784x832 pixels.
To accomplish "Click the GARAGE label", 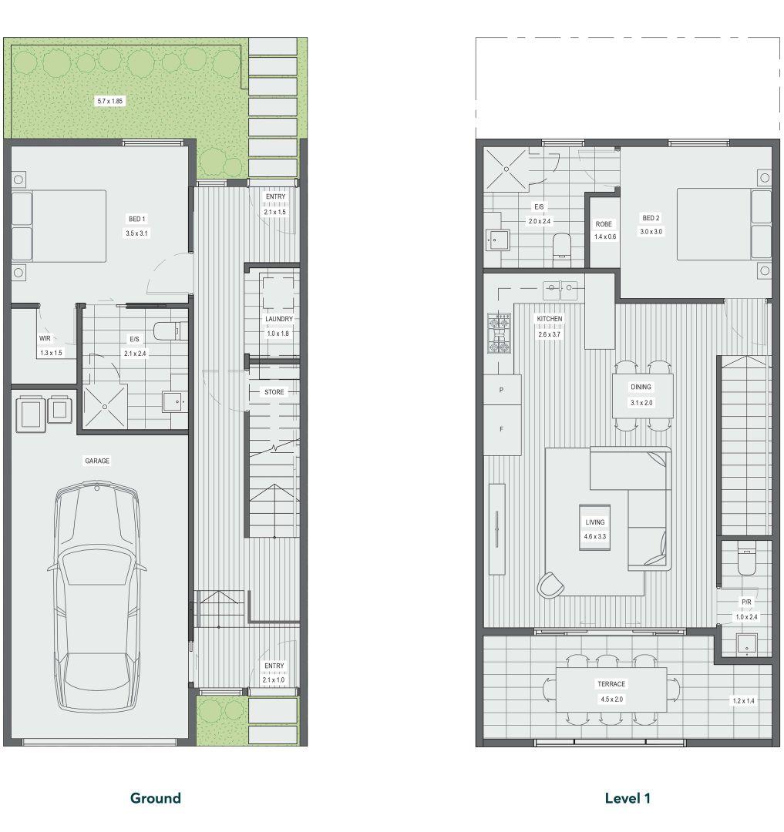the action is (x=97, y=461).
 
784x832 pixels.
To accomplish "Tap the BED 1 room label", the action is (x=136, y=219).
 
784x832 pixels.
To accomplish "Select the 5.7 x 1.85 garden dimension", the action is (x=110, y=101).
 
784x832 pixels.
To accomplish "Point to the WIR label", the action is (x=45, y=338).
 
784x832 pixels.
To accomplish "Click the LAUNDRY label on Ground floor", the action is (x=278, y=319).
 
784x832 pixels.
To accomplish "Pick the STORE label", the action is (x=274, y=392).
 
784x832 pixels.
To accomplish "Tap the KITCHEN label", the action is (x=550, y=318).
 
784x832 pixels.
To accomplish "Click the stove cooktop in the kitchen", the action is (x=499, y=334).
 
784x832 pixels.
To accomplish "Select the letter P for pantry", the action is (x=501, y=390).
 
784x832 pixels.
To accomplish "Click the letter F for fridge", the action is (x=501, y=429).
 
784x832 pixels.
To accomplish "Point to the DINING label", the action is (x=641, y=387).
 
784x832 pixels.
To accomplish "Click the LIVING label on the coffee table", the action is (x=595, y=522).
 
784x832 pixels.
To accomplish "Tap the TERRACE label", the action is (x=611, y=684).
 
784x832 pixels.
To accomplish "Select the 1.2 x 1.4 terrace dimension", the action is (x=743, y=701).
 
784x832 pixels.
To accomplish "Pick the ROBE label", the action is (x=604, y=224).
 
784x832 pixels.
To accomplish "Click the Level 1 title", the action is (x=628, y=798).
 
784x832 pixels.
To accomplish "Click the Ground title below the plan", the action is (x=156, y=798).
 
